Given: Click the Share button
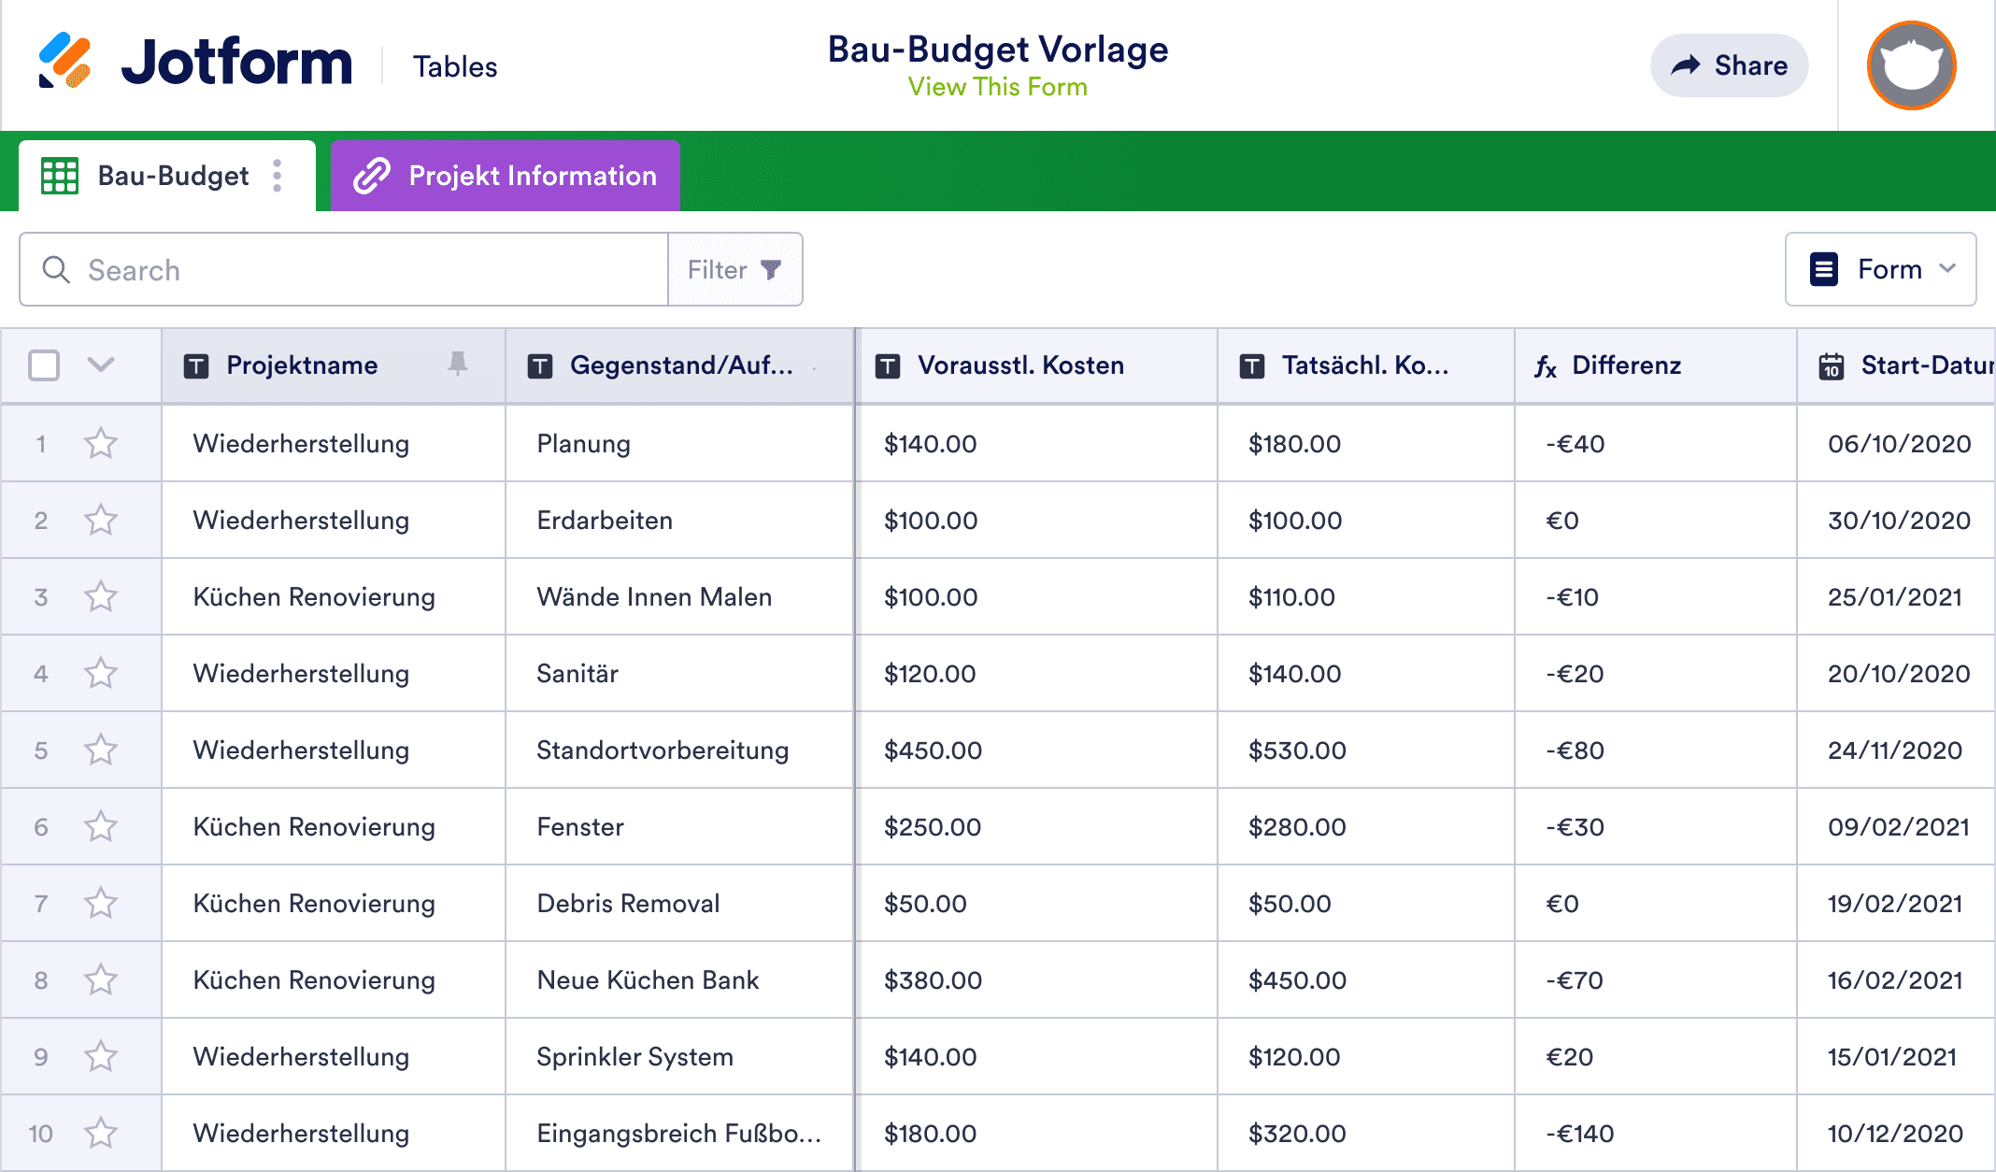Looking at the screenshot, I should [1729, 65].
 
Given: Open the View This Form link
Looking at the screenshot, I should [997, 87].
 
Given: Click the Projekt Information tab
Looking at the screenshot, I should [506, 176].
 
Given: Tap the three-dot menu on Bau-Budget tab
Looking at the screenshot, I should [278, 176].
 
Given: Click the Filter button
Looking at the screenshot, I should [734, 270].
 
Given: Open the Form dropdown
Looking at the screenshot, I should [1880, 269].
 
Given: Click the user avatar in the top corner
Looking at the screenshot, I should [1911, 65].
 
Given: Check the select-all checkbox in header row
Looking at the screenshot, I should [44, 365].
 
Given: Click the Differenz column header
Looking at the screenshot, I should [1626, 365].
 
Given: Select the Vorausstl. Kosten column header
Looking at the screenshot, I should [1020, 365].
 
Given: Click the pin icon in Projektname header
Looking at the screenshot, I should [457, 364].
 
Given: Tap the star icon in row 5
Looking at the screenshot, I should [101, 750].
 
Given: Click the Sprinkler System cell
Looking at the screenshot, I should [634, 1057].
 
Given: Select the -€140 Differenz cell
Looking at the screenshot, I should [1580, 1134].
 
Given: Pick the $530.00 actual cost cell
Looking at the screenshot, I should [1297, 750].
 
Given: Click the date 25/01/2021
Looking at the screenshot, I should [1894, 597].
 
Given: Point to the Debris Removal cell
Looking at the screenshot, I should [628, 904].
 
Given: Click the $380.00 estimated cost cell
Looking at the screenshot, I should [933, 980].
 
